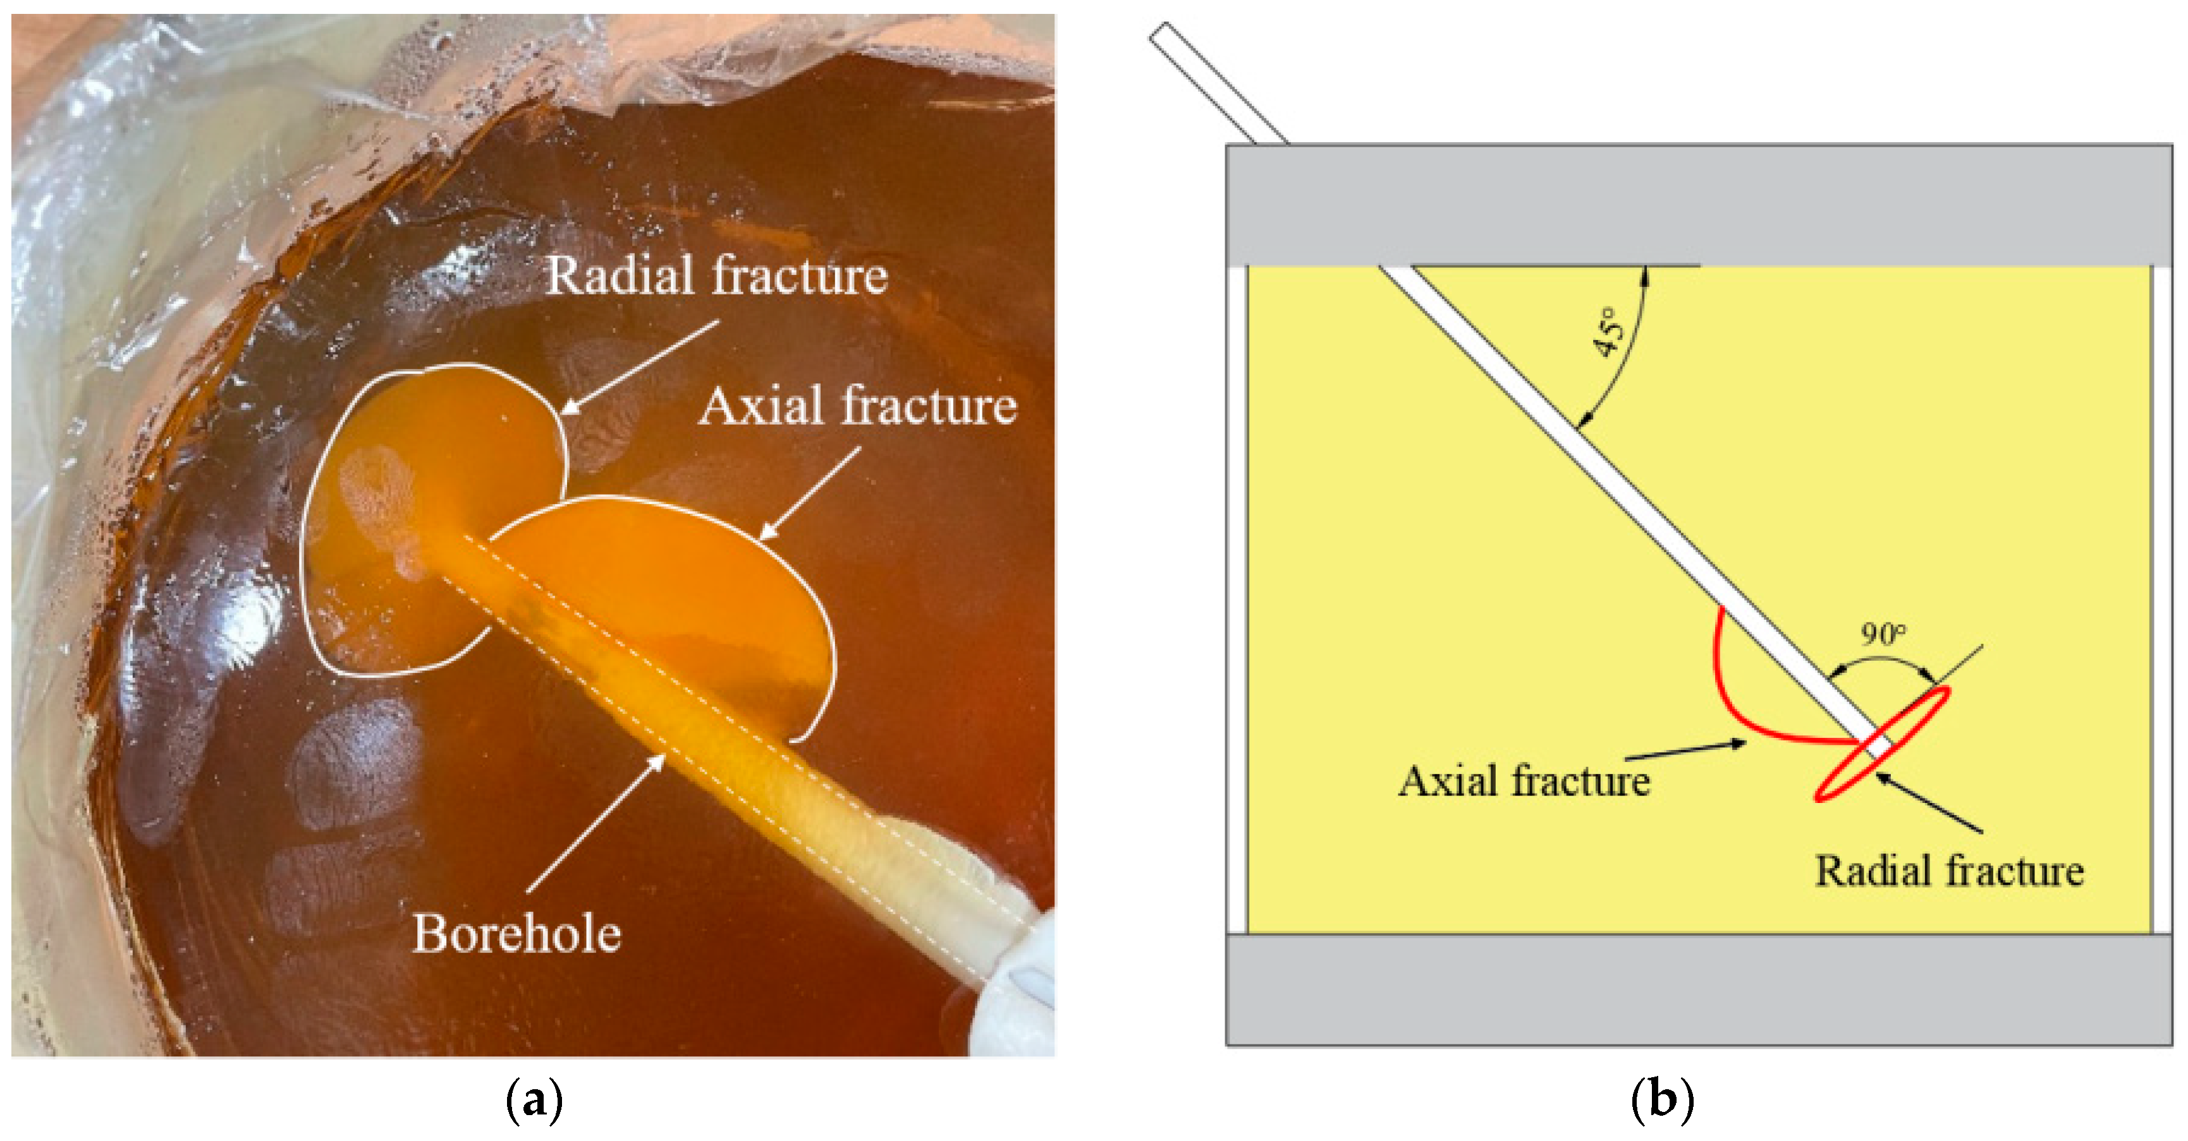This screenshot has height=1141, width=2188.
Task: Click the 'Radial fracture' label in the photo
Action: (716, 276)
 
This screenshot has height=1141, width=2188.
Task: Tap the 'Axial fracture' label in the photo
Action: (858, 406)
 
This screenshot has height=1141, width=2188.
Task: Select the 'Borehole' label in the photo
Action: (516, 934)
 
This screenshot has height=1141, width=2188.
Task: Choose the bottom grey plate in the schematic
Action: (1699, 989)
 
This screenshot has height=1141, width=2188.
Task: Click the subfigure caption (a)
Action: (534, 1101)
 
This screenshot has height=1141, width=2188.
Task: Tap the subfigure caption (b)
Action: (1662, 1101)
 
